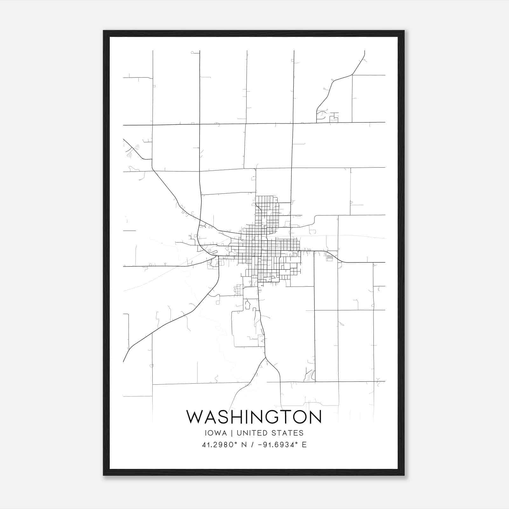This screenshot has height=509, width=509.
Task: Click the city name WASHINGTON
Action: [x=254, y=417]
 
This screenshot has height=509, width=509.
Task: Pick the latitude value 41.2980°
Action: [x=220, y=445]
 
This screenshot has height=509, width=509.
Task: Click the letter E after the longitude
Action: [x=304, y=445]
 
